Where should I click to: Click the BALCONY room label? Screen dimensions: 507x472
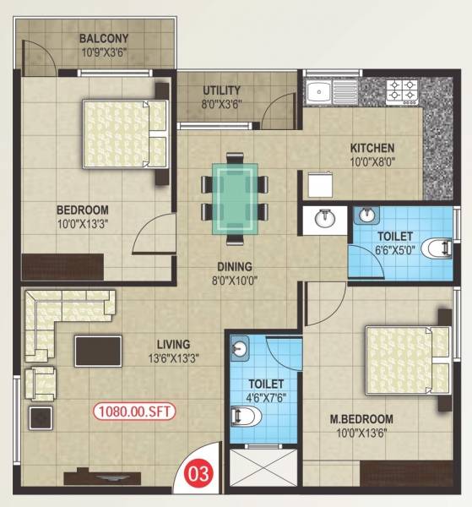[x=104, y=38]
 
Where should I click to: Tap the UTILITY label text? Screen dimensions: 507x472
[x=222, y=90]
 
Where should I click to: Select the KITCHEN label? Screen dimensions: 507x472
[x=372, y=149]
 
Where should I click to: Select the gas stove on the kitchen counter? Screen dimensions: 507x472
[x=403, y=90]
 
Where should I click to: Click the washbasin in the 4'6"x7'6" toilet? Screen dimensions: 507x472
[x=241, y=348]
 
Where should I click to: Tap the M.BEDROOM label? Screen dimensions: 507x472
[x=361, y=418]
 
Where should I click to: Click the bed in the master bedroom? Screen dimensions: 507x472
[x=403, y=360]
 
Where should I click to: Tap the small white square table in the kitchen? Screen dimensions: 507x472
[x=319, y=184]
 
